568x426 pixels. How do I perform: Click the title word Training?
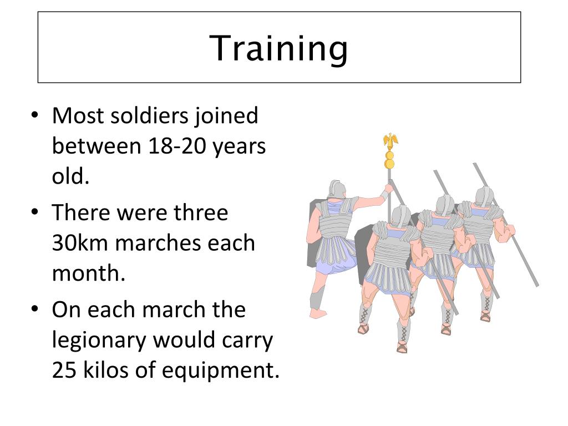(x=279, y=48)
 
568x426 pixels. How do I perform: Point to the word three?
(x=201, y=214)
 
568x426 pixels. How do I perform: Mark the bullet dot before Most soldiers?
(x=35, y=117)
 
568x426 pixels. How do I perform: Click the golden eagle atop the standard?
(x=390, y=140)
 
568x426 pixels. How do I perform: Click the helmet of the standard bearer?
(x=334, y=189)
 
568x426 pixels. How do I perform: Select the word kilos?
(x=109, y=371)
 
